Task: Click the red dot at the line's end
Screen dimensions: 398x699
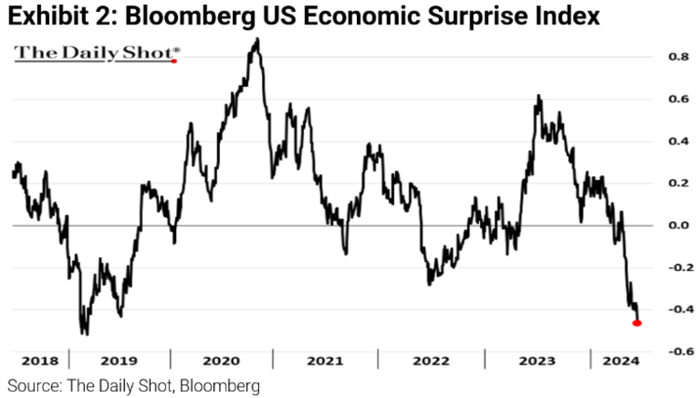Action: coord(637,323)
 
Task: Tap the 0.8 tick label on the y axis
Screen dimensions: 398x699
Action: coord(653,57)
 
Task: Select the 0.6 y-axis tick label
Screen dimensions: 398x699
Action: coord(653,99)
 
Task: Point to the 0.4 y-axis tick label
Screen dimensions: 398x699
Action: coord(653,142)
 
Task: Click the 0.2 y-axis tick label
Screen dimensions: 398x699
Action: coord(653,184)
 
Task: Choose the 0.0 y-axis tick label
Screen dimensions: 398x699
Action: coord(653,226)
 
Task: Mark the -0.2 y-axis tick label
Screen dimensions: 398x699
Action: coord(651,268)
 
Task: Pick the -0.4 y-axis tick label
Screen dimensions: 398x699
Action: coord(651,309)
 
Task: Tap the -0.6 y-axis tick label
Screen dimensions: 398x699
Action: coord(651,351)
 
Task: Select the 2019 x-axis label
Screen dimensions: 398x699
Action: coord(119,361)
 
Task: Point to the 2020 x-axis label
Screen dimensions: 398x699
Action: coord(222,361)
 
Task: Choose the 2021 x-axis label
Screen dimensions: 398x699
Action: coord(324,361)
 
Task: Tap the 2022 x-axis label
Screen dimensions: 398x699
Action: coord(429,361)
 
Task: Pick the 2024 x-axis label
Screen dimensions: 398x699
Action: coord(616,361)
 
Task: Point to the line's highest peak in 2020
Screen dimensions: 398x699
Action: coord(256,39)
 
